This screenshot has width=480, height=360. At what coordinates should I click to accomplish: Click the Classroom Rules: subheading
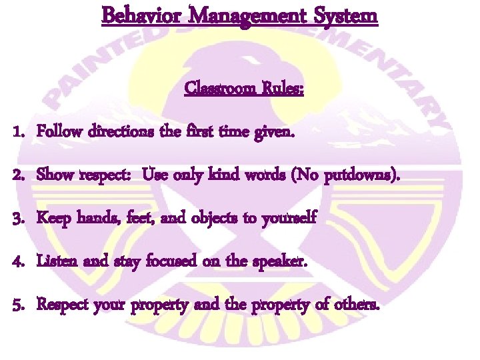(244, 89)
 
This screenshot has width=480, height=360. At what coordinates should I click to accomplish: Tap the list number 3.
(18, 218)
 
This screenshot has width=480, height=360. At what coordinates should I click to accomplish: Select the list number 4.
(18, 261)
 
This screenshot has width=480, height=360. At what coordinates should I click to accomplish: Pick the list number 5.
(18, 305)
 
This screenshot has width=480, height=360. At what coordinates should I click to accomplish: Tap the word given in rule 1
(274, 133)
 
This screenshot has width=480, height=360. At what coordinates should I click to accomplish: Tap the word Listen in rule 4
(56, 261)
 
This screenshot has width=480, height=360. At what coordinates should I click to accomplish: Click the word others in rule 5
(360, 305)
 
